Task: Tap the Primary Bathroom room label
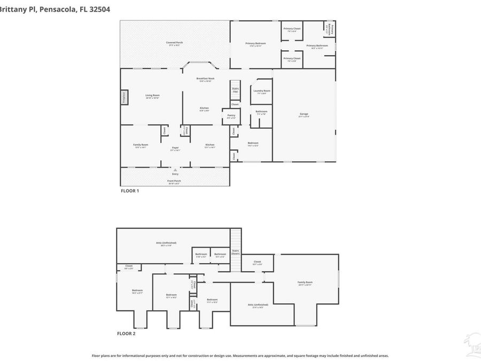[x=317, y=47]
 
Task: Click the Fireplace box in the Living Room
[x=124, y=97]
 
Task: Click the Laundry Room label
[x=261, y=91]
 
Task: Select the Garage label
[x=304, y=114]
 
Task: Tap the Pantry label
[x=231, y=116]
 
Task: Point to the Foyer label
[x=175, y=148]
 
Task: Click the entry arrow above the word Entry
[x=175, y=170]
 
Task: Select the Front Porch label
[x=174, y=181]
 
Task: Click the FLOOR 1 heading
[x=129, y=190]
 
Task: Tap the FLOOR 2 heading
[x=126, y=333]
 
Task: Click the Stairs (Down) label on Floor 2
[x=235, y=251]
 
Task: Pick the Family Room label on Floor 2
[x=305, y=282]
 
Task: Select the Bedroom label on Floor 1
[x=253, y=143]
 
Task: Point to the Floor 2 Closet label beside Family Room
[x=257, y=262]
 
